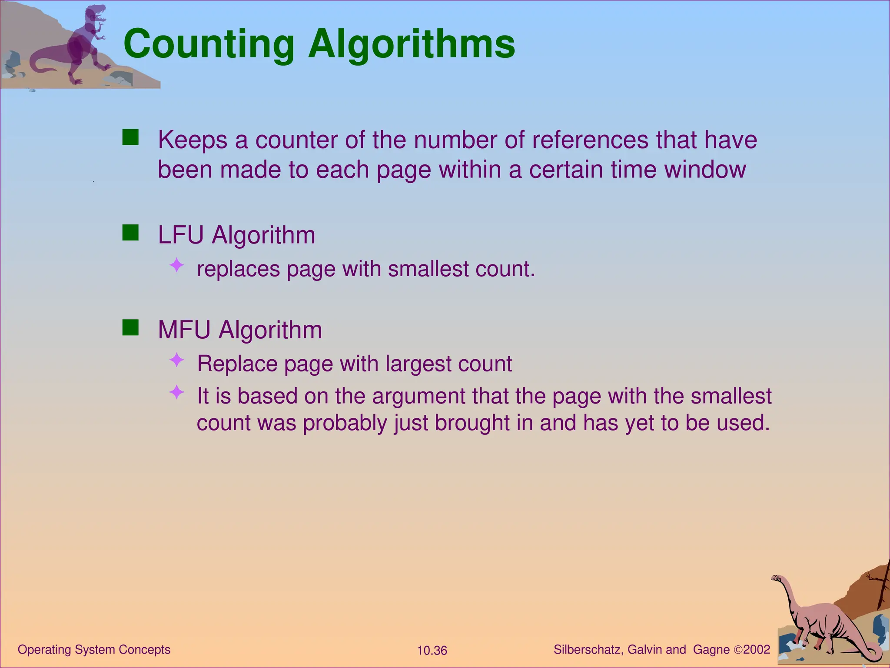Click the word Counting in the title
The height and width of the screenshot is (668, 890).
(209, 44)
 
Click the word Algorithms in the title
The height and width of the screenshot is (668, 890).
(412, 44)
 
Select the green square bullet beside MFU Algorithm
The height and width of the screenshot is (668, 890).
(130, 328)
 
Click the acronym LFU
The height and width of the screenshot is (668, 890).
(181, 235)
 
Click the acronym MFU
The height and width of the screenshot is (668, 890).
(184, 330)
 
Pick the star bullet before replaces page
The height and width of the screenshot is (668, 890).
(177, 265)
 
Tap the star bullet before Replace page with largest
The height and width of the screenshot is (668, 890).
(177, 360)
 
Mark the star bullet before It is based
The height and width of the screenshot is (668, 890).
(177, 392)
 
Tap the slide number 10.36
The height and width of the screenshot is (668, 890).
(432, 651)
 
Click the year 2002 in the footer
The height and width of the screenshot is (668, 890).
(757, 650)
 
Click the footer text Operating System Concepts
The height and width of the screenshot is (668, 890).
(94, 650)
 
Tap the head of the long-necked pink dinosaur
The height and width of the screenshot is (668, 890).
(776, 578)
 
